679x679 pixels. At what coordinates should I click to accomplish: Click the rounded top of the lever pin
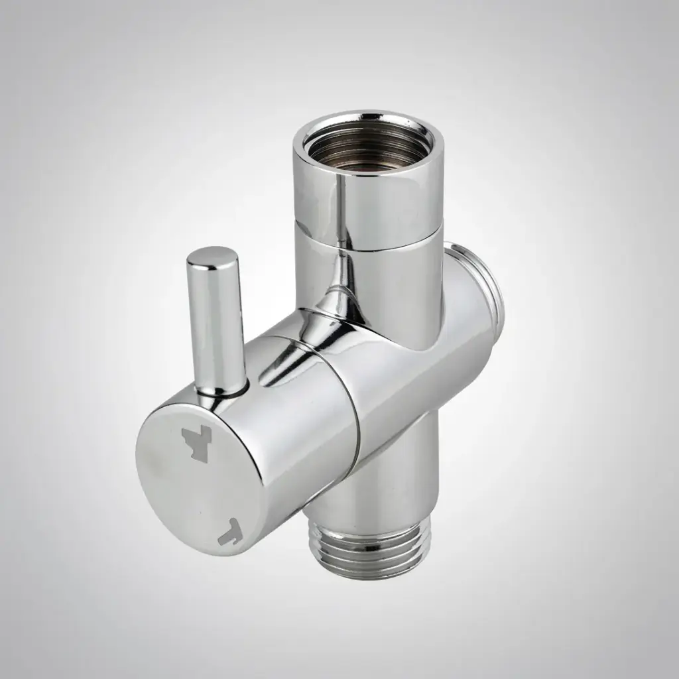[211, 258]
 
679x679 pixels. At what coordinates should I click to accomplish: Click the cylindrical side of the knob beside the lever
[278, 431]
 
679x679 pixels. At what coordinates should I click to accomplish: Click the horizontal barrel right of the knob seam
[411, 385]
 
